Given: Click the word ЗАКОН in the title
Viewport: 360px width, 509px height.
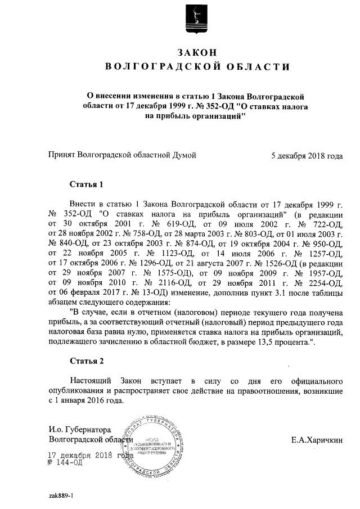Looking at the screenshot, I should (196, 52).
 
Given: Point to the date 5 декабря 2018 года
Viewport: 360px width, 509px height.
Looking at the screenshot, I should (306, 156).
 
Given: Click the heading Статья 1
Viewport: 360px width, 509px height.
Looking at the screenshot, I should (86, 184).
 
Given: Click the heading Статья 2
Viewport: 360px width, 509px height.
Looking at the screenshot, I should (86, 360).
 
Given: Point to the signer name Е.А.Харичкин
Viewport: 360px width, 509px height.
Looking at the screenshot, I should (317, 439).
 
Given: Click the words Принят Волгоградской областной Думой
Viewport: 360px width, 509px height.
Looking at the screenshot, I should (123, 156).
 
